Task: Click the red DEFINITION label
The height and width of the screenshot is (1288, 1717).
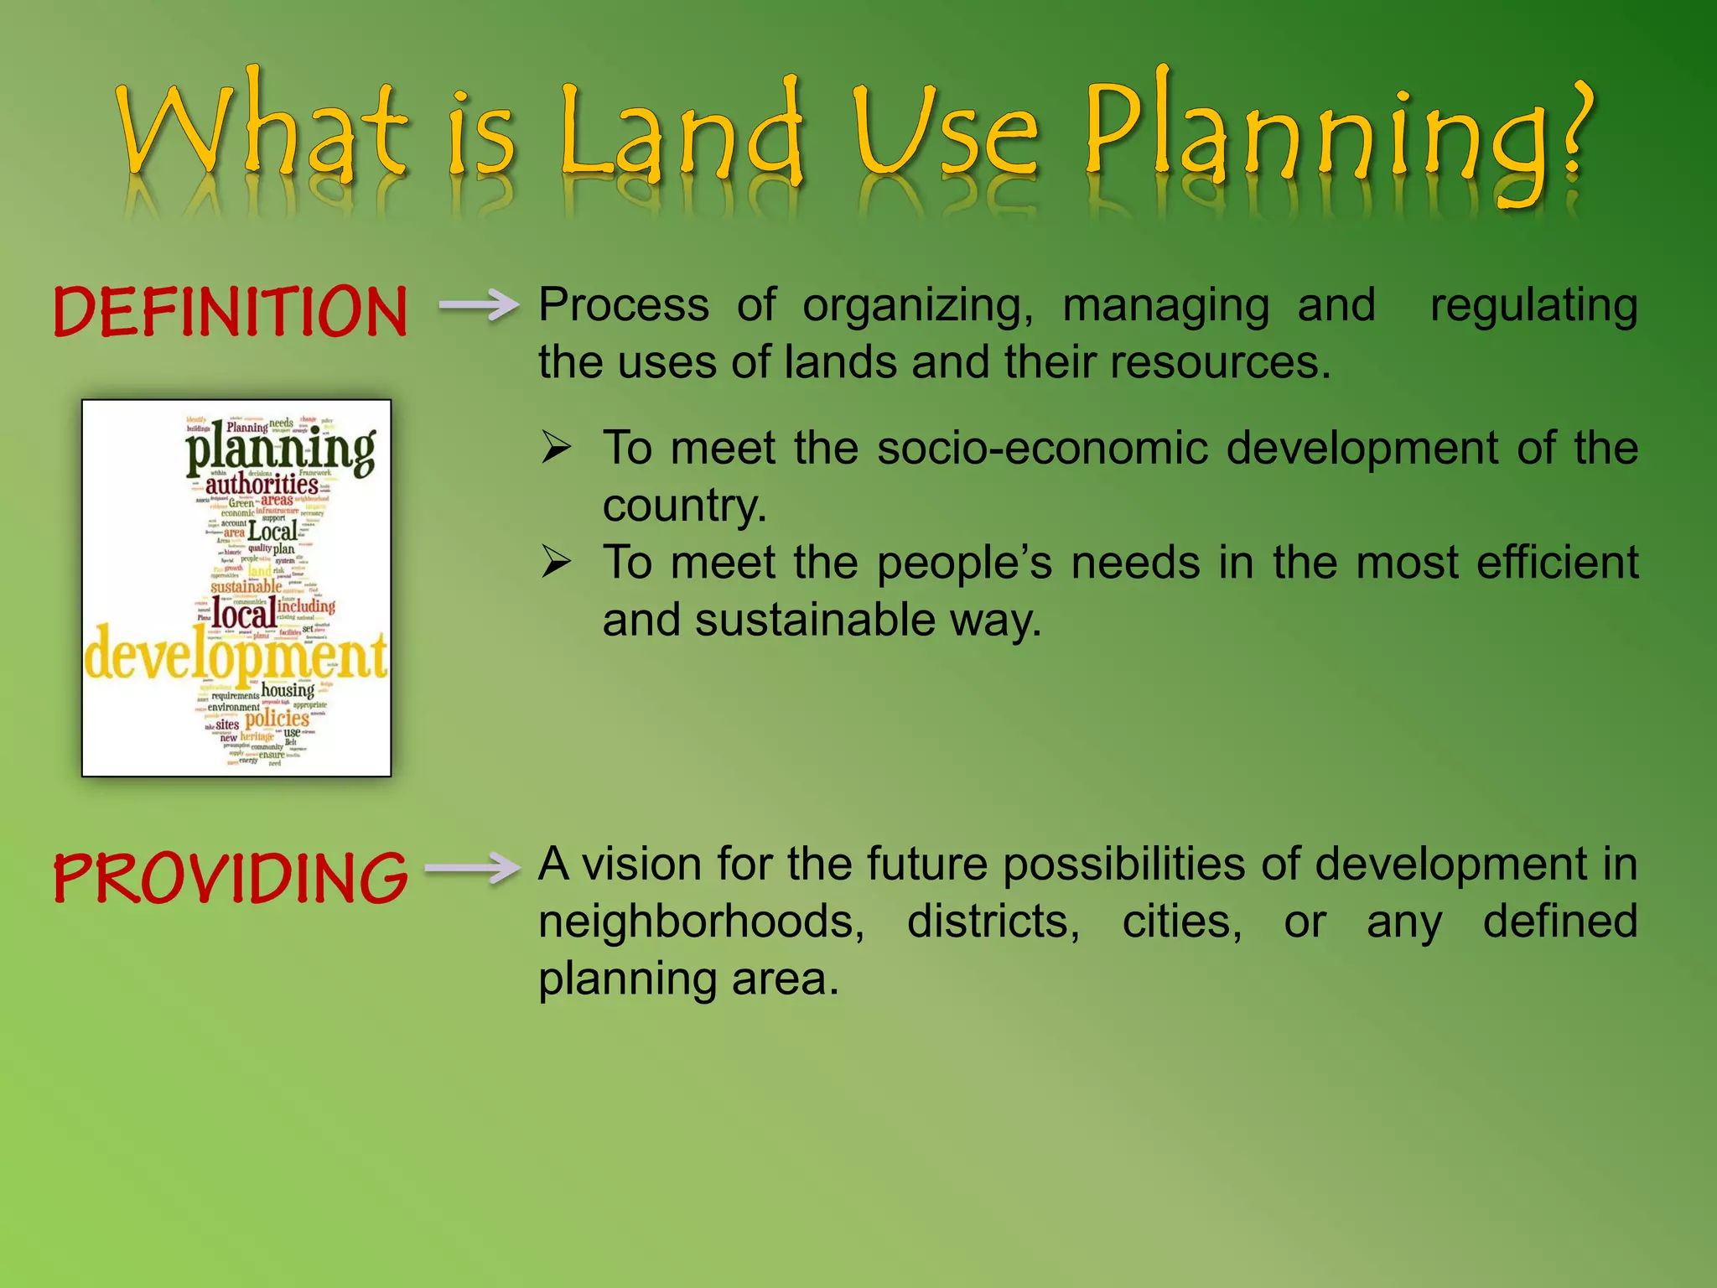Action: (230, 312)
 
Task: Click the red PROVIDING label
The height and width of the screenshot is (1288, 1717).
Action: (230, 878)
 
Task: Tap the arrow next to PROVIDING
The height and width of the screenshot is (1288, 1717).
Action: (473, 868)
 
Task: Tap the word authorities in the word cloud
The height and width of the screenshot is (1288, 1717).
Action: (262, 485)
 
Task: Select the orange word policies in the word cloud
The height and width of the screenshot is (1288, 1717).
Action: (278, 719)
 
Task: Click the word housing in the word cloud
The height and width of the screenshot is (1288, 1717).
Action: (288, 690)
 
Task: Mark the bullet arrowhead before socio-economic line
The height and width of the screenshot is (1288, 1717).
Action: (556, 447)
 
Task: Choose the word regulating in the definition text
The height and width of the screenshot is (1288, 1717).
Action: (1533, 305)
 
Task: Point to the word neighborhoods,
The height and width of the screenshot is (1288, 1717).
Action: (701, 921)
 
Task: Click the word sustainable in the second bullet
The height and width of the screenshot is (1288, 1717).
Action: (814, 621)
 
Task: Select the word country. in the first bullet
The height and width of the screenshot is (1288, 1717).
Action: (684, 506)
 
